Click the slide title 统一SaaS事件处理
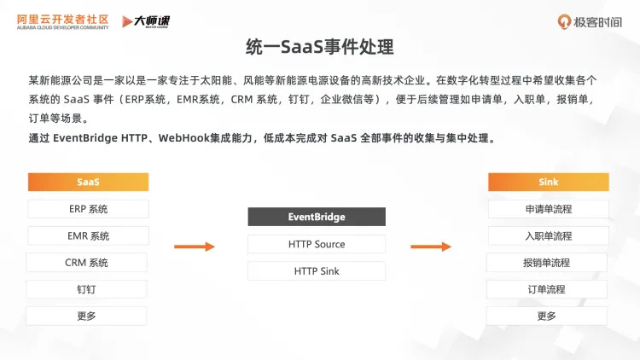click(319, 46)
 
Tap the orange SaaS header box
click(88, 182)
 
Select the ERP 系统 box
click(88, 209)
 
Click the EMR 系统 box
click(88, 235)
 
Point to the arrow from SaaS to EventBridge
click(195, 247)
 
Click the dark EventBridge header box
click(317, 217)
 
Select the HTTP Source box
click(317, 244)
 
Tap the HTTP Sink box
click(317, 271)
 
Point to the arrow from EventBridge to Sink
click(431, 247)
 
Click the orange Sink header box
click(549, 182)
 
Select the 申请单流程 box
click(549, 209)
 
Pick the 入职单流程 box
click(549, 235)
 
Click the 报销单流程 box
click(547, 263)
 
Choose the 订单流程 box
click(547, 289)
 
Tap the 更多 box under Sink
click(547, 316)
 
